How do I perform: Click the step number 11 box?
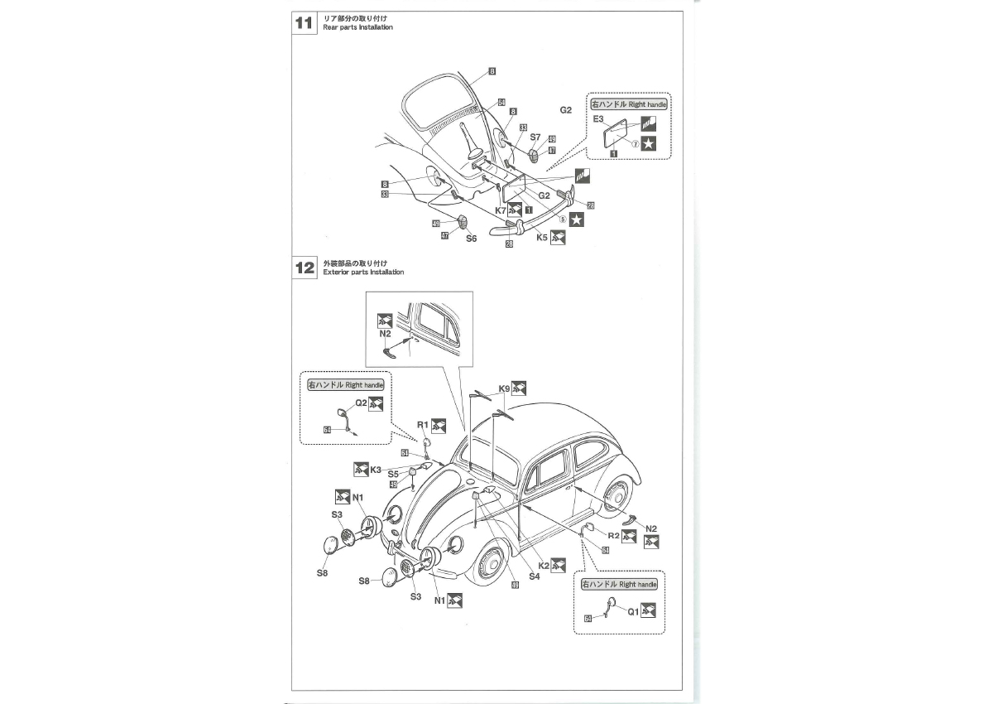click(304, 22)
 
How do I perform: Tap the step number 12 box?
click(304, 268)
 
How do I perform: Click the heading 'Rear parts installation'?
click(357, 27)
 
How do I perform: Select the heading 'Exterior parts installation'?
click(363, 272)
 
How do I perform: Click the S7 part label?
click(535, 137)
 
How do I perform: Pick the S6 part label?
click(471, 238)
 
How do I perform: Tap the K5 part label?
click(542, 237)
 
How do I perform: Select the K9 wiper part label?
click(504, 388)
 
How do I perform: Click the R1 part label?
click(422, 424)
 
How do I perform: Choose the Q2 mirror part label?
click(361, 403)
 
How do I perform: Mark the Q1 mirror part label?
click(632, 612)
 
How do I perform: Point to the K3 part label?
click(375, 469)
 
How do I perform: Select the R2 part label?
click(613, 535)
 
